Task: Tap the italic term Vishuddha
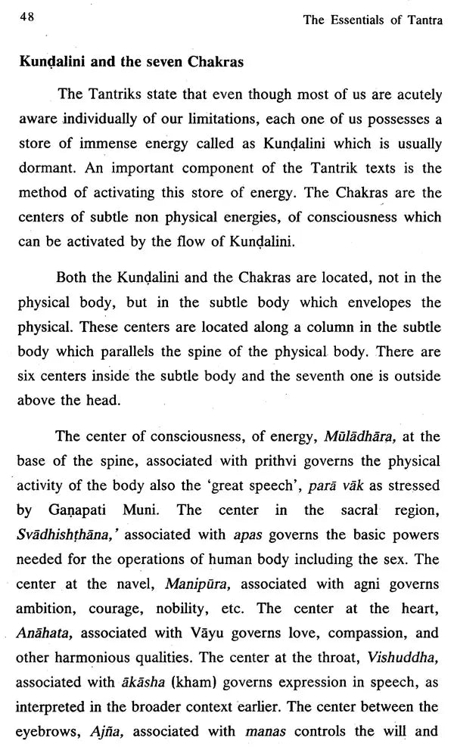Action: [x=410, y=657]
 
